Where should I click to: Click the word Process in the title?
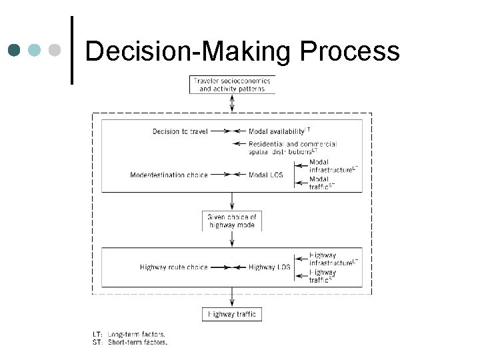click(x=351, y=51)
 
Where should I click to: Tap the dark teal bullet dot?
click(x=15, y=50)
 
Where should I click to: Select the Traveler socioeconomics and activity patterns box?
click(x=232, y=85)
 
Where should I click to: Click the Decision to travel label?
click(x=180, y=131)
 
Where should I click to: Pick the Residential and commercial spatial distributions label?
click(x=292, y=147)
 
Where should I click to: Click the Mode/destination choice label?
click(x=169, y=175)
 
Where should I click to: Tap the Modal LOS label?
click(x=265, y=175)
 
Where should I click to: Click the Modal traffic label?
click(x=321, y=183)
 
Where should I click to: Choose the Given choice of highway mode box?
click(x=232, y=221)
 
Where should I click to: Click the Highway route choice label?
click(x=173, y=267)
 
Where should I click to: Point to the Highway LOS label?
click(x=269, y=267)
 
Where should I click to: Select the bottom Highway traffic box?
click(x=232, y=314)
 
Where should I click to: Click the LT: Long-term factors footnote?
click(x=129, y=334)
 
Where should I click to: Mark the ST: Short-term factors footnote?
click(x=129, y=342)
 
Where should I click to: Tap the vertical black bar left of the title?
click(x=71, y=50)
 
